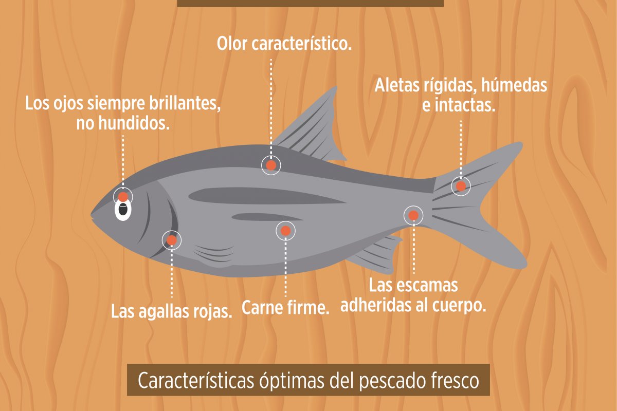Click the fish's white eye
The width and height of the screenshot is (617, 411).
pos(123,210)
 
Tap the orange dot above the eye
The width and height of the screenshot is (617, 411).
pos(123,196)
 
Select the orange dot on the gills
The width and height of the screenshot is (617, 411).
pos(172,240)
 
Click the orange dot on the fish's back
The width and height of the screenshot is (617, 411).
pos(271,165)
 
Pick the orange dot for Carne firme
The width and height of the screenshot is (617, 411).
pos(286,231)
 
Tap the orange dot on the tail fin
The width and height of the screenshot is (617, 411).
pos(461,185)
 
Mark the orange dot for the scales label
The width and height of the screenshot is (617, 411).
pos(413,215)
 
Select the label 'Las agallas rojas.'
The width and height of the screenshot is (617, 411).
pos(172,311)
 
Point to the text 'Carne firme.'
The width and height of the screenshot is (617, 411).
pos(285,309)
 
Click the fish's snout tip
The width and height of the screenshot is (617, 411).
pos(93,214)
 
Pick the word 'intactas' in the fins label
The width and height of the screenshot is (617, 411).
pos(465,106)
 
